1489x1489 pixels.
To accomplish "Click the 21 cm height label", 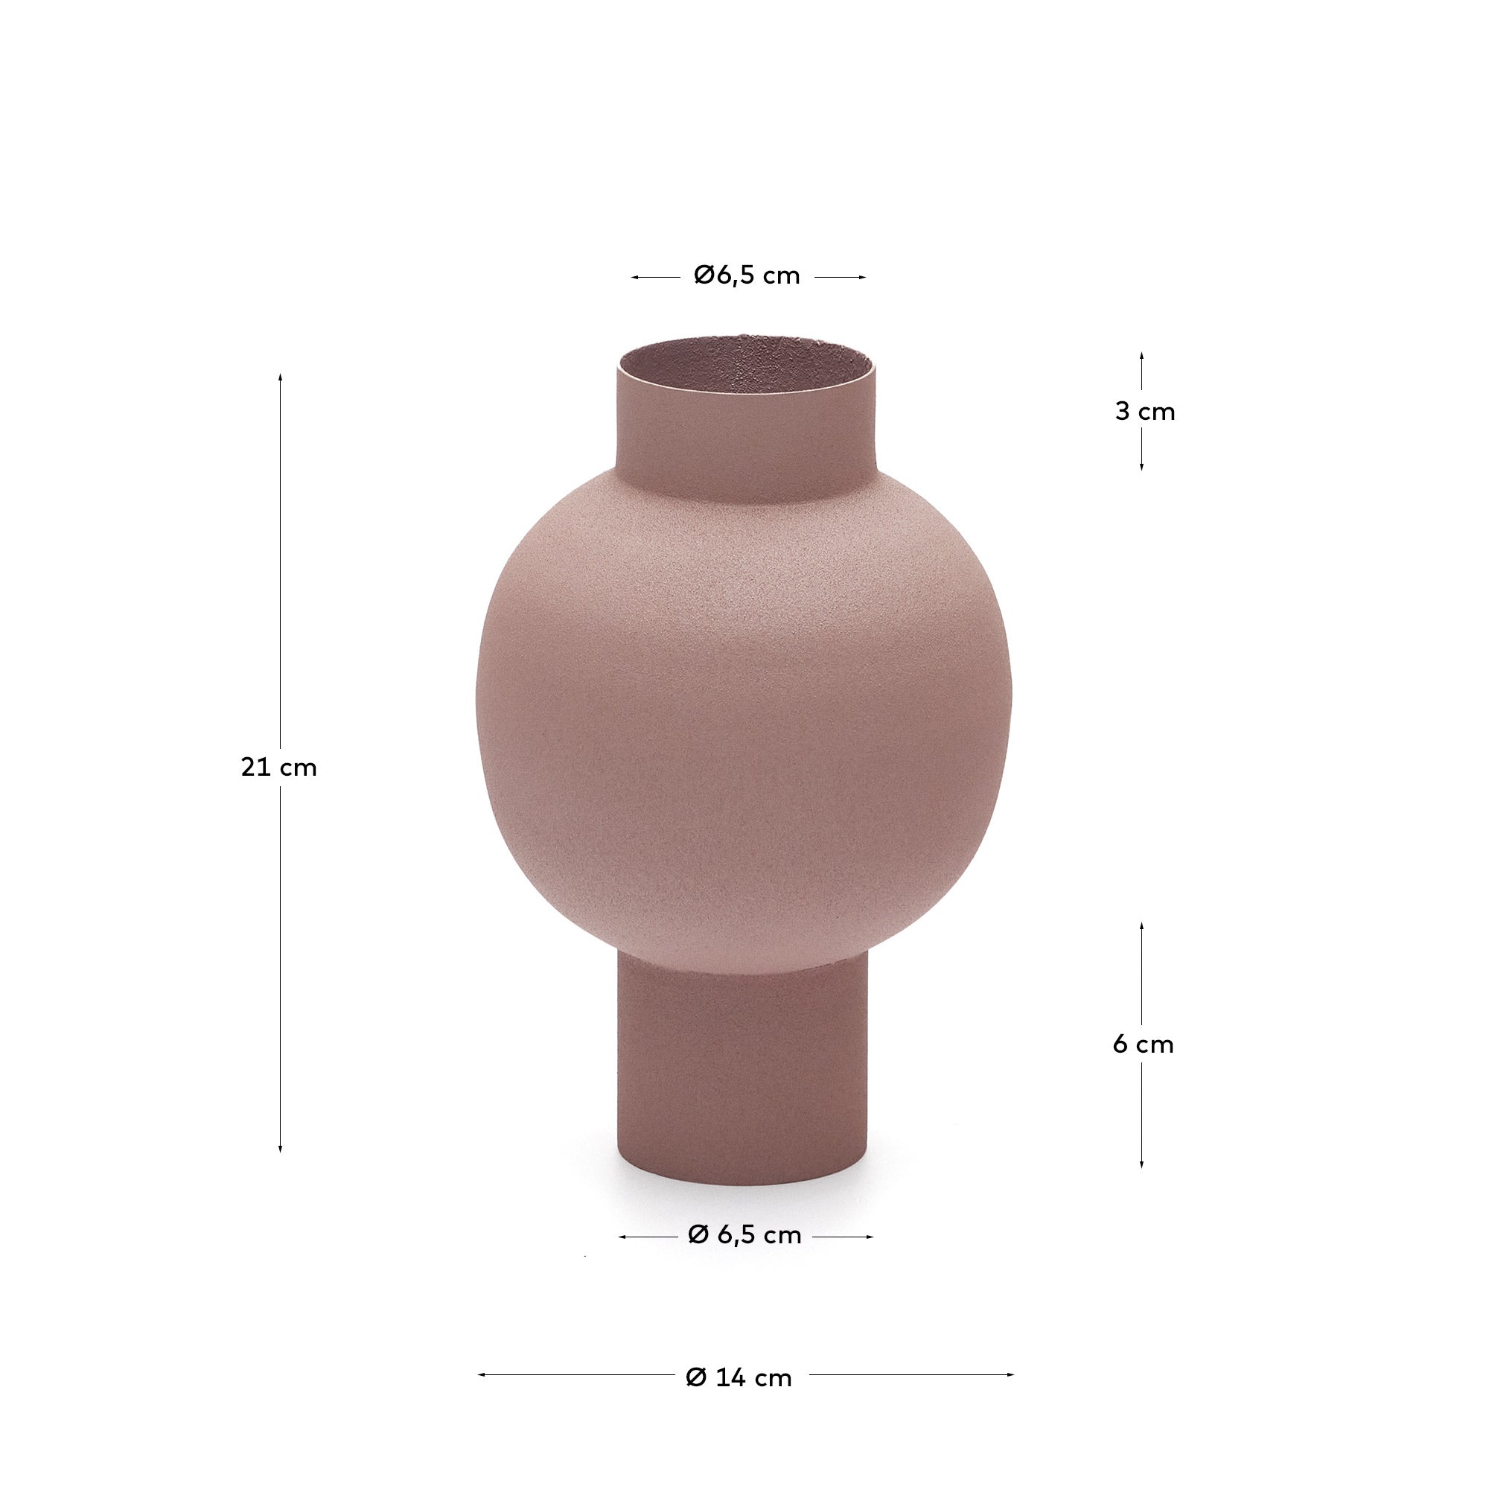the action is [x=279, y=768].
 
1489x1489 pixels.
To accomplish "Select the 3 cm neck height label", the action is [x=1145, y=412].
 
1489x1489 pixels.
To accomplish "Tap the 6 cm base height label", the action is [x=1144, y=1045].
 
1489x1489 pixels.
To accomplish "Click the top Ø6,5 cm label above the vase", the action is [x=747, y=275].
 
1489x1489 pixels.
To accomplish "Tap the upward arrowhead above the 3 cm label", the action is [x=1141, y=357].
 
